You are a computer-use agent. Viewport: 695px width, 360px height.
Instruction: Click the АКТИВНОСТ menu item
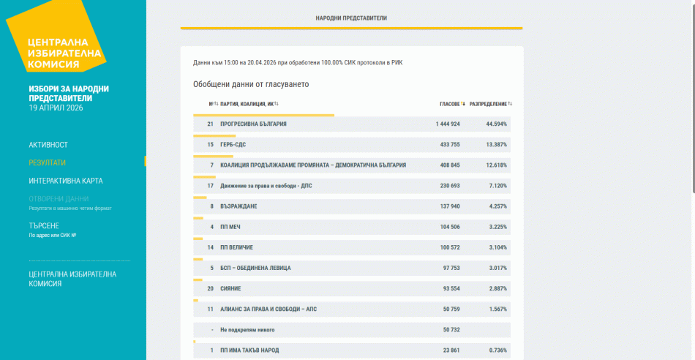(x=48, y=145)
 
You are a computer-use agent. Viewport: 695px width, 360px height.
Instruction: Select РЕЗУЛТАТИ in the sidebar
(x=48, y=162)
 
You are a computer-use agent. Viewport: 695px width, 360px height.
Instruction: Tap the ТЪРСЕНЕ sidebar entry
(x=44, y=225)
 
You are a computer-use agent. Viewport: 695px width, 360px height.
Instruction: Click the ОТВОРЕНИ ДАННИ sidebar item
(x=59, y=198)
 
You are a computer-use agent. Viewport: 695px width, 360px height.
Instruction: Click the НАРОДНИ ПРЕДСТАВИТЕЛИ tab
(x=351, y=18)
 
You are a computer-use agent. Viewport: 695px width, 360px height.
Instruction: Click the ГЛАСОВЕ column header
(x=450, y=104)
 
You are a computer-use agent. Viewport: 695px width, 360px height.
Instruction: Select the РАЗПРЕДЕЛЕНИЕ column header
(x=488, y=104)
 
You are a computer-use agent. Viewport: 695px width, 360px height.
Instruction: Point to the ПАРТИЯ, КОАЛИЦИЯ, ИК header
(x=247, y=104)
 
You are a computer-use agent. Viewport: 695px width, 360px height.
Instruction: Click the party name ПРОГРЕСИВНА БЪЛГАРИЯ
(x=253, y=124)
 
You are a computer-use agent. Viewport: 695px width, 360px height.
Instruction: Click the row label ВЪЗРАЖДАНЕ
(x=238, y=206)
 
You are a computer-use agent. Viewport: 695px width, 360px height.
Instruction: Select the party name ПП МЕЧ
(x=230, y=227)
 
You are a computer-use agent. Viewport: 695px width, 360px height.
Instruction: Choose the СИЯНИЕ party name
(x=230, y=288)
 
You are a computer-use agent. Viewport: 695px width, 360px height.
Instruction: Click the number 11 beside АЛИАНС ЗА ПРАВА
(x=211, y=310)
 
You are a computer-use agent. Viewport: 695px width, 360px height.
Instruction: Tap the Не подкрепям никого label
(x=248, y=330)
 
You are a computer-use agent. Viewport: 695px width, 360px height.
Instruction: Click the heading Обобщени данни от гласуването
(x=251, y=84)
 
